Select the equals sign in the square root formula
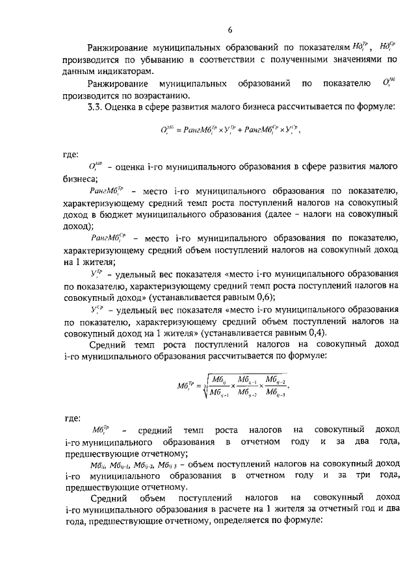(x=185, y=385)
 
